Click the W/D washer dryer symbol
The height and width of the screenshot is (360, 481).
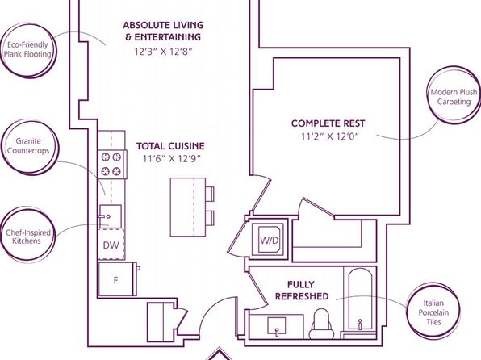tap(270, 240)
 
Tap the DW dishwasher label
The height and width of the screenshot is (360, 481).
tap(111, 245)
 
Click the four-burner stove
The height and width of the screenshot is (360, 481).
tap(112, 165)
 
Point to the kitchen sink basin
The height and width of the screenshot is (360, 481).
tap(110, 216)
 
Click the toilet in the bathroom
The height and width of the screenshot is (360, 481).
tap(321, 324)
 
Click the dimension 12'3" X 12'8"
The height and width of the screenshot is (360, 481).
tap(164, 52)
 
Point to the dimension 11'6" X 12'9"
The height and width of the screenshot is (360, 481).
tap(172, 159)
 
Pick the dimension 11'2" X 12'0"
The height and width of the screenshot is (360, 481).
tap(329, 136)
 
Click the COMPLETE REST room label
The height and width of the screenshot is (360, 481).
tap(328, 123)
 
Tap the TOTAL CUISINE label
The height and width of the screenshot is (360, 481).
tap(170, 146)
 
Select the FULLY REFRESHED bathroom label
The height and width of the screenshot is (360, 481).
tap(302, 291)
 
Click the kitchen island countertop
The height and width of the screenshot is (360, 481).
tap(188, 207)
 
